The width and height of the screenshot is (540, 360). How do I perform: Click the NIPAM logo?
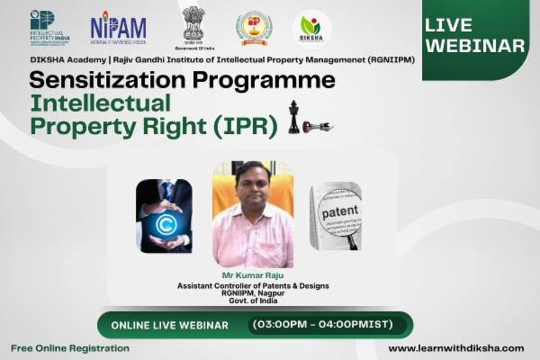point(118,28)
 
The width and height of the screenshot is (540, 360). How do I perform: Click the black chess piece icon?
point(294,117)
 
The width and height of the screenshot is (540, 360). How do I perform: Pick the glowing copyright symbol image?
point(163,215)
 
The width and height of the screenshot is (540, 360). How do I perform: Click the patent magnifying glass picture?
point(336,215)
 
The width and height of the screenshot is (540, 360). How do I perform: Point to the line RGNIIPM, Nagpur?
point(252,293)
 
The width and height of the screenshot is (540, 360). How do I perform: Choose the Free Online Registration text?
point(70,348)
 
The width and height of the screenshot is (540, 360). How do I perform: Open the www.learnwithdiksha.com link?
point(455,348)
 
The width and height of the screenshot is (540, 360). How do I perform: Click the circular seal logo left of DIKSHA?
point(254,28)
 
